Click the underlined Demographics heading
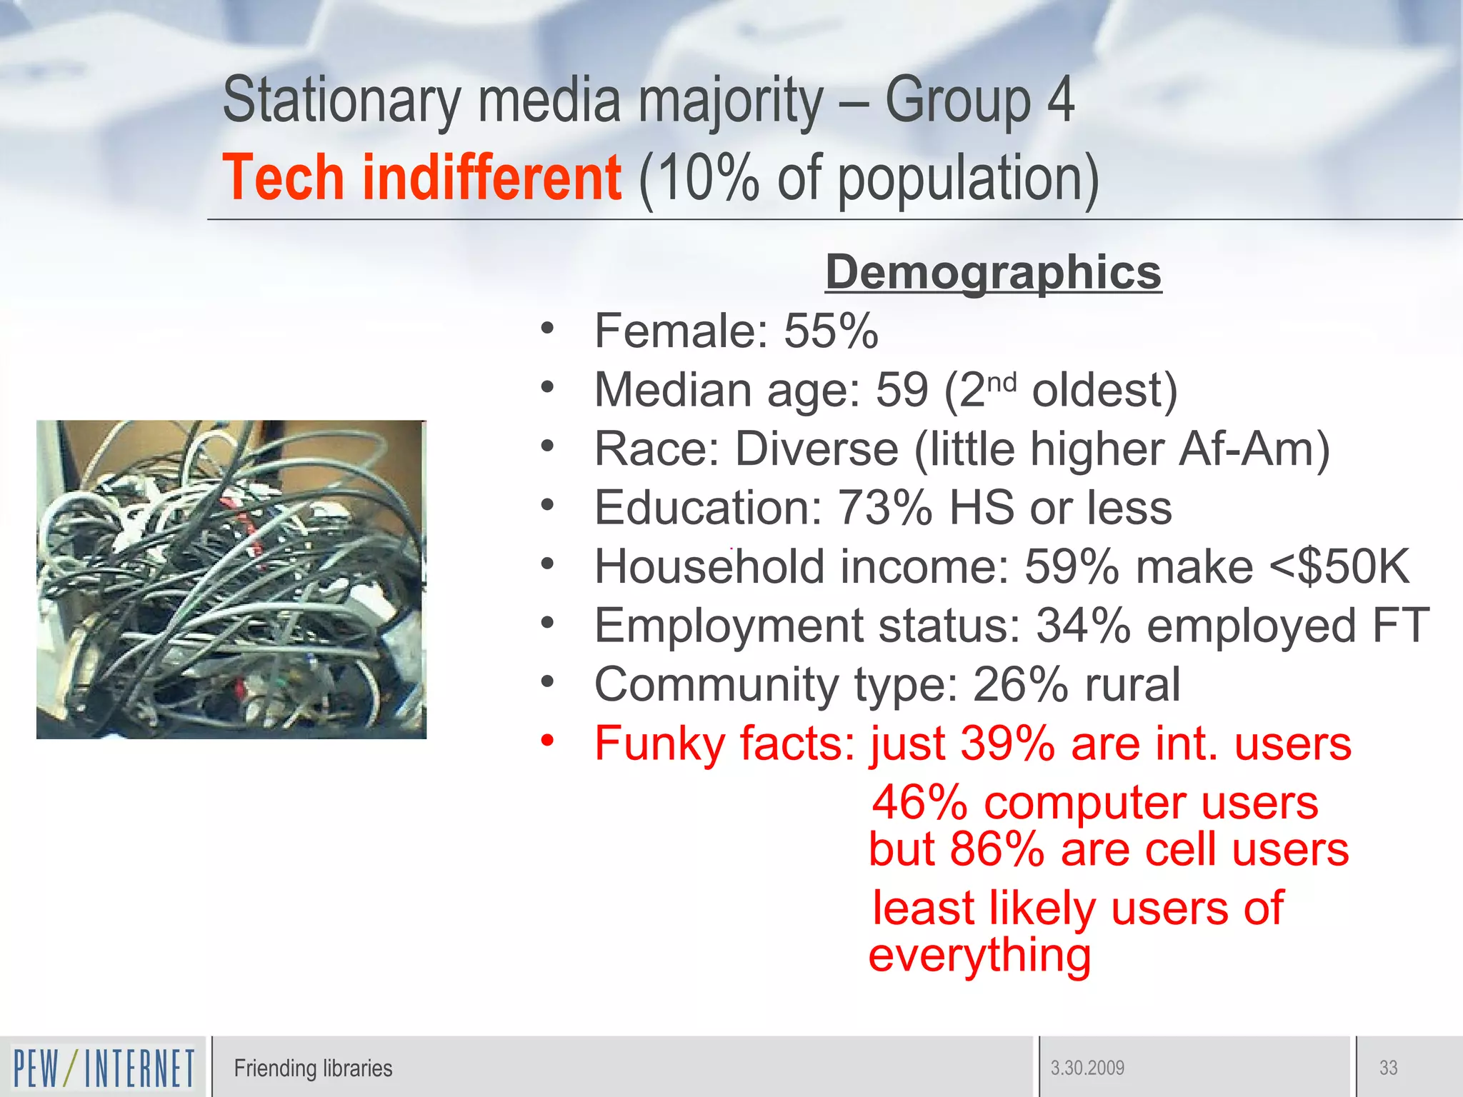pos(993,273)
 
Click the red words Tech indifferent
pos(421,179)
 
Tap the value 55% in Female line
pos(831,331)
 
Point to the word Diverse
pos(817,449)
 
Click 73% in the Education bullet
pos(884,508)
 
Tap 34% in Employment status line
pos(1083,626)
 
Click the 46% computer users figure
pos(919,803)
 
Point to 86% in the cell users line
pos(997,850)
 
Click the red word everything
pos(979,956)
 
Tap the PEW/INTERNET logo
pos(104,1068)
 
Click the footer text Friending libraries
pos(313,1068)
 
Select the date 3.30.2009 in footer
pos(1087,1068)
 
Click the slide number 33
pos(1388,1068)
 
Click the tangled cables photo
pos(231,579)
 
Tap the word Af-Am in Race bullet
pos(1254,449)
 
